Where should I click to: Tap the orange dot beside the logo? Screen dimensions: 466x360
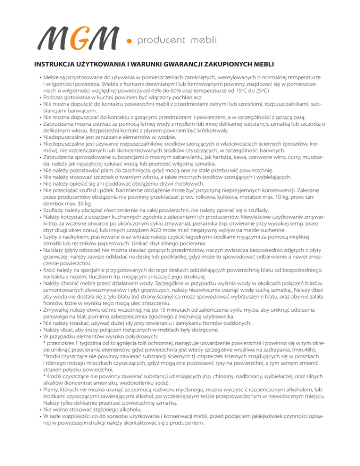pyautogui.click(x=129, y=42)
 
